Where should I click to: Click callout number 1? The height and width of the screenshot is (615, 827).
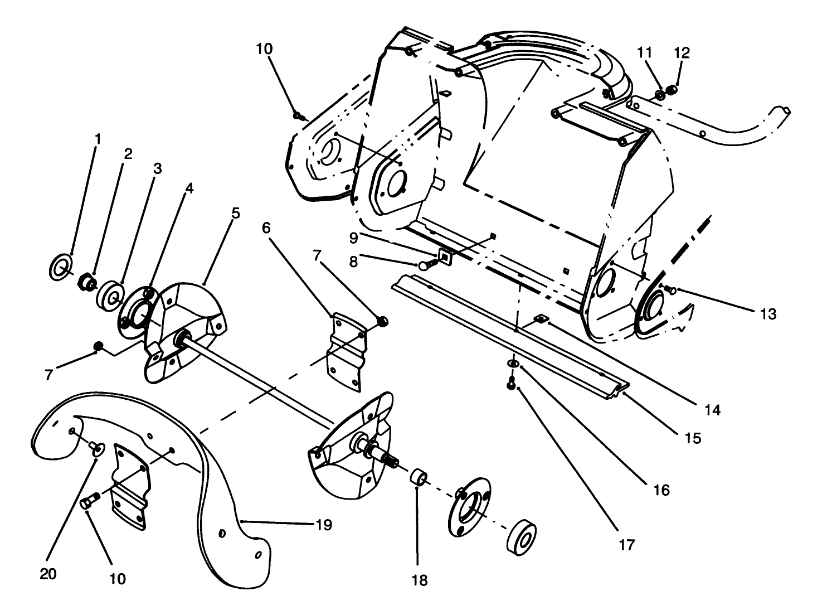(98, 137)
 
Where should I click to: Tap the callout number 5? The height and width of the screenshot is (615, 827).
(236, 214)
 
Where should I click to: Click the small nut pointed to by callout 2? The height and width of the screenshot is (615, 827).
(86, 282)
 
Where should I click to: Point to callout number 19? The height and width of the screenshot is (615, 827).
(324, 525)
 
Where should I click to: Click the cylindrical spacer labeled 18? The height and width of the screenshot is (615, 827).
(419, 478)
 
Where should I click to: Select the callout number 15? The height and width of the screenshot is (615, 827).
(693, 438)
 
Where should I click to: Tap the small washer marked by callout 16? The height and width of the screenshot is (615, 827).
(512, 364)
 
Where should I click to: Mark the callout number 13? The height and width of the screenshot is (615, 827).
(768, 314)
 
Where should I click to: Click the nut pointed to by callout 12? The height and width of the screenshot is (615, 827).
(672, 90)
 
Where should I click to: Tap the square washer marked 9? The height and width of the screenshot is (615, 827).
(445, 256)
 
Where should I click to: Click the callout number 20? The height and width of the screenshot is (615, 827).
(48, 574)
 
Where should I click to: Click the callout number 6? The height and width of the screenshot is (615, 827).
(266, 227)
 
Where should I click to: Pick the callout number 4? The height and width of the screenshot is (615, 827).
(189, 188)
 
